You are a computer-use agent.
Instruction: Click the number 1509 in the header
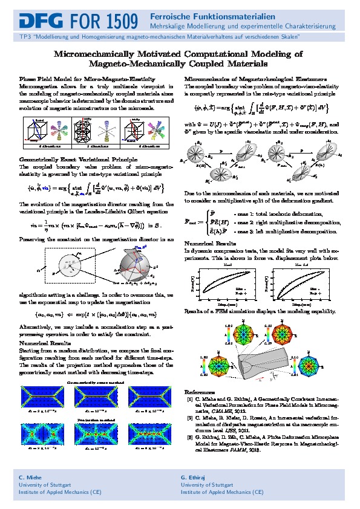[x=115, y=23]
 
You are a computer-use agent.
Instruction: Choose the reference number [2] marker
[x=189, y=417]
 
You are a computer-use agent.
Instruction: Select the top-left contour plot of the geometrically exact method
[x=44, y=398]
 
